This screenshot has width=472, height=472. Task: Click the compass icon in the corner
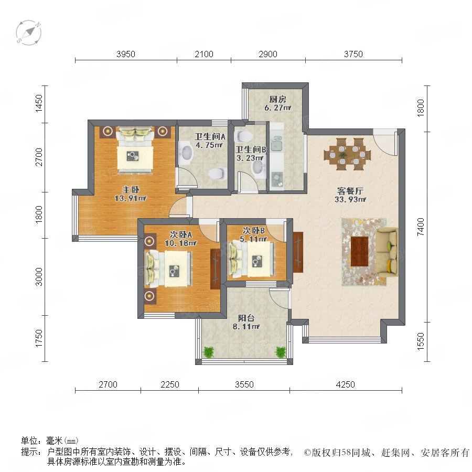click(29, 33)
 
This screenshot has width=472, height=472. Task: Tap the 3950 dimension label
click(126, 54)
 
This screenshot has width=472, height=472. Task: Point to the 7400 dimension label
click(421, 227)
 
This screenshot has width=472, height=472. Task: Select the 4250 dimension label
click(345, 384)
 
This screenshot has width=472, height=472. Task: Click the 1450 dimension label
click(39, 103)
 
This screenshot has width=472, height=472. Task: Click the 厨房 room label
click(277, 99)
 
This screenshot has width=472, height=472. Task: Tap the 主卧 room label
click(131, 190)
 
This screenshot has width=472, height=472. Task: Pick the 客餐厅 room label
click(350, 191)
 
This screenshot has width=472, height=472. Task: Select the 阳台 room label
click(246, 318)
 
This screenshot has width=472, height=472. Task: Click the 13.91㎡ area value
click(131, 198)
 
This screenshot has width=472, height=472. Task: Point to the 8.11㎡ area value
click(246, 327)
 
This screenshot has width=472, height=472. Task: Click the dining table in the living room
click(347, 154)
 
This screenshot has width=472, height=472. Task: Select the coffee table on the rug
click(359, 251)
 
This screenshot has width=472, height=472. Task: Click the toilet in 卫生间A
click(217, 174)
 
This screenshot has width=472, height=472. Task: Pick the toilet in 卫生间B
click(243, 136)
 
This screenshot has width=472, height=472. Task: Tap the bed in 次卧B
click(252, 260)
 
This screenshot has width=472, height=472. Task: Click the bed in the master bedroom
click(135, 151)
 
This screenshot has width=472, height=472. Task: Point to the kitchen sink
click(276, 144)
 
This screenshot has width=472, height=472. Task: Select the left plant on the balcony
click(208, 351)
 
